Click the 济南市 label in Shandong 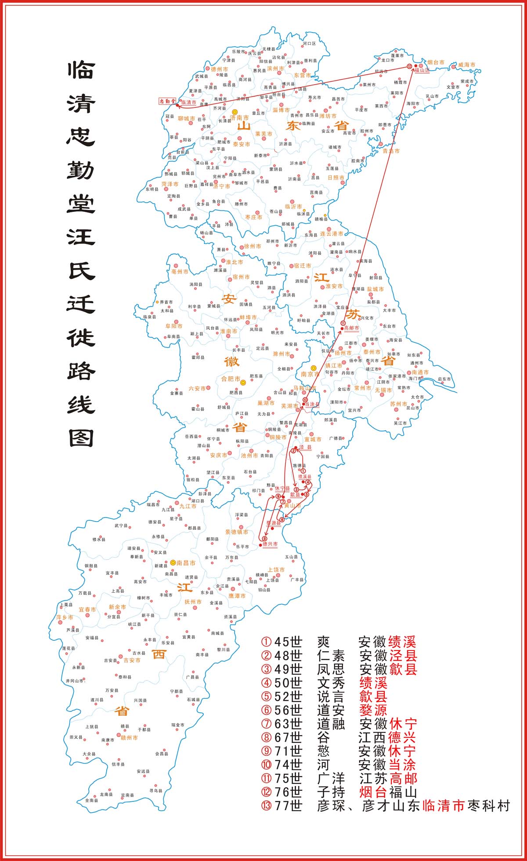(239, 118)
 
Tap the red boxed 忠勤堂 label (167, 101)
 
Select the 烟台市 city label (436, 62)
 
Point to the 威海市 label (466, 64)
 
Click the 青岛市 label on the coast (391, 151)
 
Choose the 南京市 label (310, 374)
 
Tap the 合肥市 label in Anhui (230, 379)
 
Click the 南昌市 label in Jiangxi (186, 563)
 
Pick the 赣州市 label (129, 738)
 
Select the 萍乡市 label (65, 617)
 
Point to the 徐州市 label (253, 246)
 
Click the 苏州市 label (398, 404)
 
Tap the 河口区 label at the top (309, 44)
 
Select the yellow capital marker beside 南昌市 (173, 562)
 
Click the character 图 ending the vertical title (81, 437)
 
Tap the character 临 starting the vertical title (81, 70)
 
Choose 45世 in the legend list (288, 642)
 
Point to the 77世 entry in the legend (288, 806)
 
